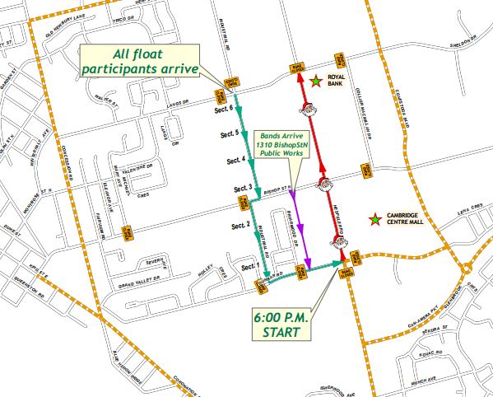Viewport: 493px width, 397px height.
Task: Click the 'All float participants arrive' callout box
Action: tap(143, 62)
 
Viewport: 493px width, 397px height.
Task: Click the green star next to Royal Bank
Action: tap(316, 81)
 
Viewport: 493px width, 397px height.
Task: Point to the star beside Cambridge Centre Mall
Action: tap(374, 219)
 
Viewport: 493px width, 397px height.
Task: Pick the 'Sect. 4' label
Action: tap(235, 160)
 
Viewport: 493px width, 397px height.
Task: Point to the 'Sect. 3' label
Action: tap(240, 190)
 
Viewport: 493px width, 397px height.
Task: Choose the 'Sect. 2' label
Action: tap(240, 225)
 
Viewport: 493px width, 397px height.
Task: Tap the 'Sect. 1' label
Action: tap(249, 266)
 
